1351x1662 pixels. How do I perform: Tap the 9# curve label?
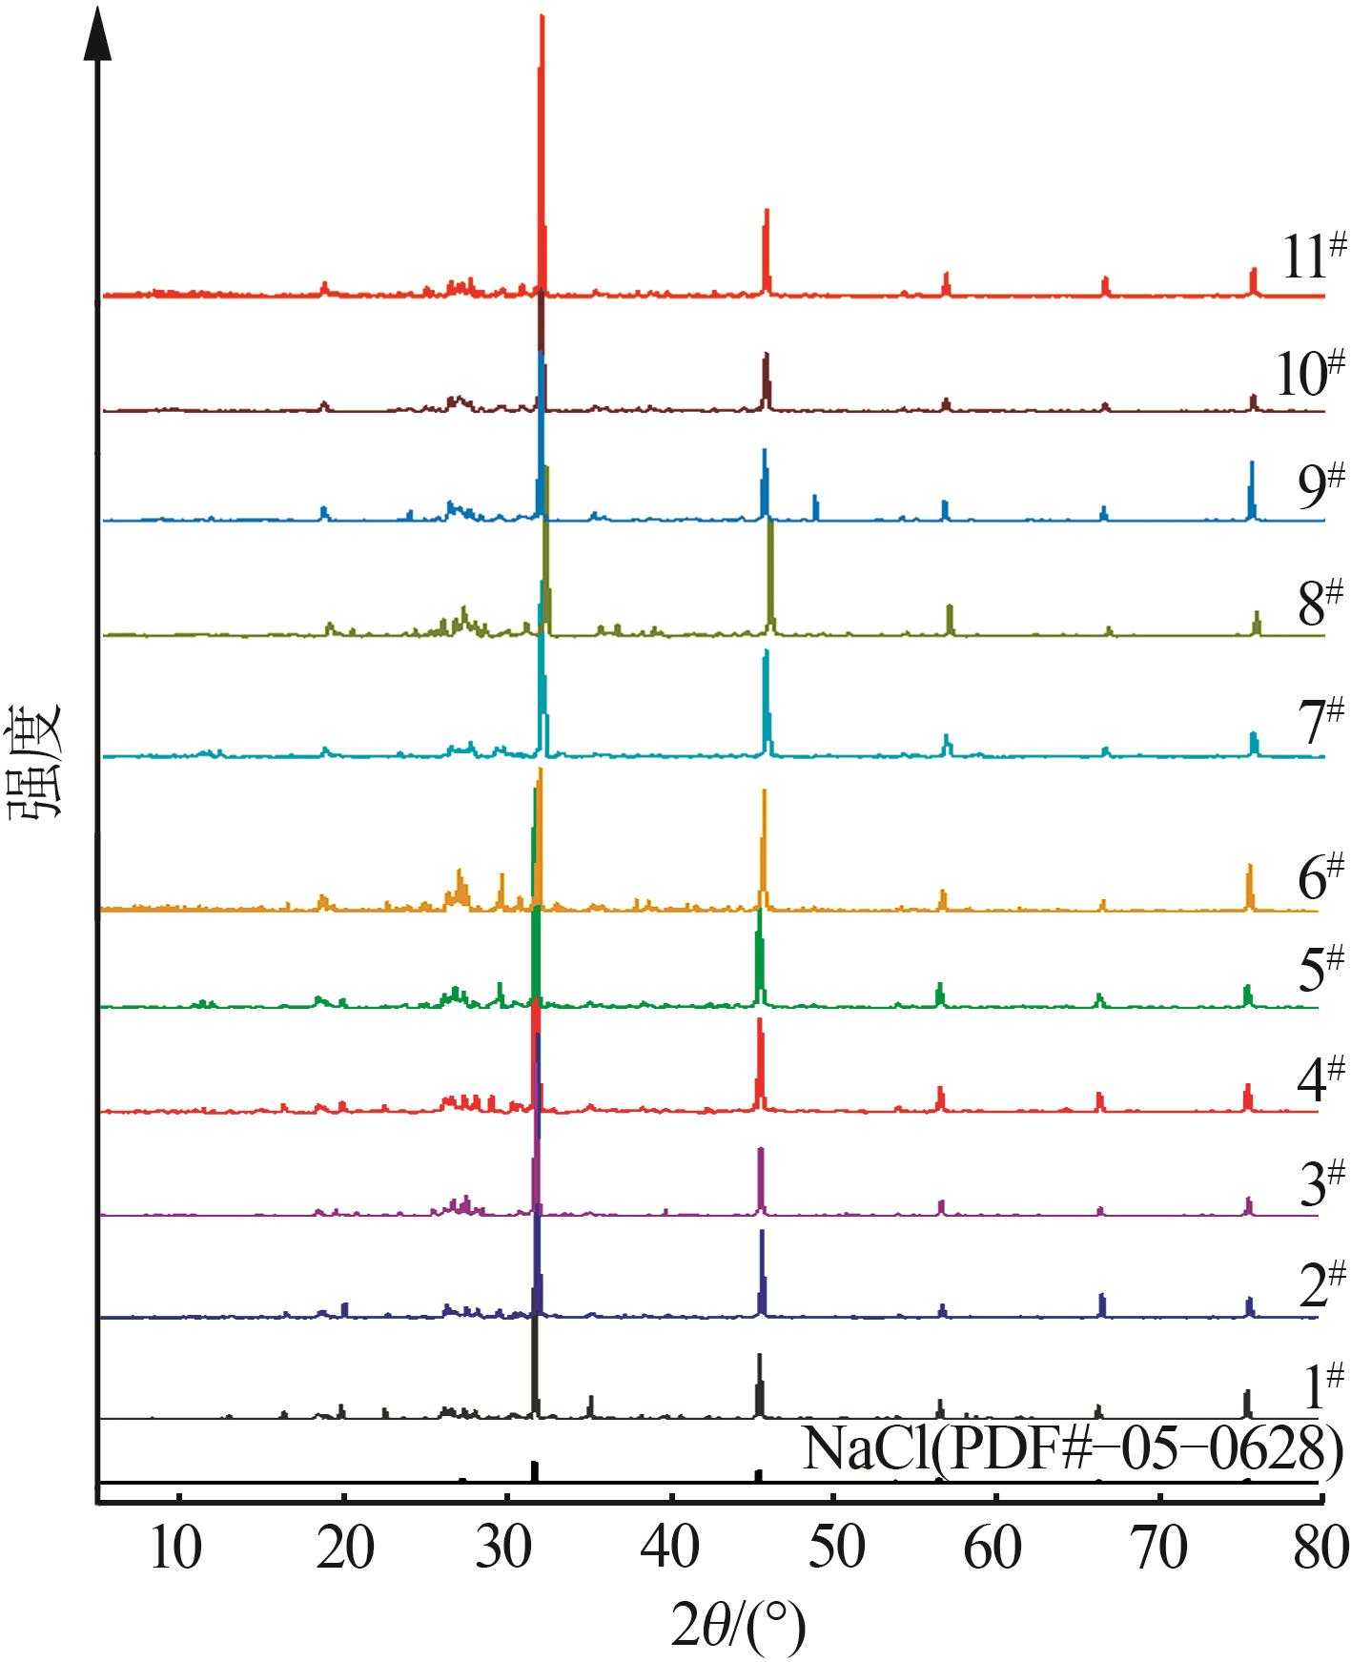(x=1320, y=487)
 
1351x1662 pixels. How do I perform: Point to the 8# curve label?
(x=1320, y=602)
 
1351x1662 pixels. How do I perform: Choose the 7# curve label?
(x=1320, y=721)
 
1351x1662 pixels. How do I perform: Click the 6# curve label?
(x=1320, y=877)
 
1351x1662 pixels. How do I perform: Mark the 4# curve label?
(x=1320, y=1078)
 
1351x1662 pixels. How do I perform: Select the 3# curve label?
(x=1320, y=1183)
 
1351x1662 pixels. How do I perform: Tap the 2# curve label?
(x=1320, y=1283)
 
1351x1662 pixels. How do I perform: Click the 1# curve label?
(x=1320, y=1386)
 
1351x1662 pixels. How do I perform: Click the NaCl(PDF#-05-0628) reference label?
(x=1073, y=1450)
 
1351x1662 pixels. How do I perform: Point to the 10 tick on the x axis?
(x=176, y=1549)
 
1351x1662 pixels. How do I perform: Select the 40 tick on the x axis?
(x=671, y=1549)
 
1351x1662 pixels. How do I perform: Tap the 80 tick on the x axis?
(x=1320, y=1549)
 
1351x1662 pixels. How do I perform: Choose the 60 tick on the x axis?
(x=993, y=1549)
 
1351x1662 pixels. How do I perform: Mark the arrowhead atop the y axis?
(x=98, y=33)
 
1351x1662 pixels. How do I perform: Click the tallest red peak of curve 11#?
(x=542, y=19)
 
